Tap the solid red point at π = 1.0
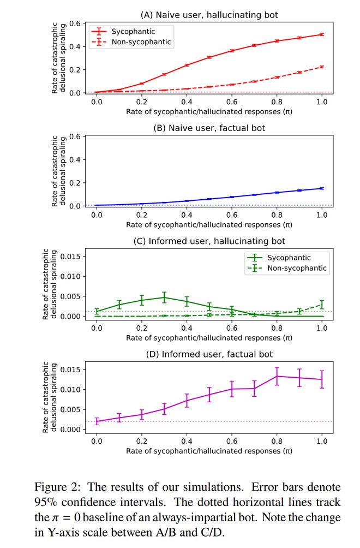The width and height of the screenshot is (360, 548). pos(322,34)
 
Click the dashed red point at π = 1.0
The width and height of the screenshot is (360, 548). pos(322,67)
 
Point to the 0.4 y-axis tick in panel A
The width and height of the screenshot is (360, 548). pos(76,46)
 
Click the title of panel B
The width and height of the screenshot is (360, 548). pos(209,129)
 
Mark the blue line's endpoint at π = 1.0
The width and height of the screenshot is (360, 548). pos(322,188)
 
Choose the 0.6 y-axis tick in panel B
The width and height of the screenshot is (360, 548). pos(76,136)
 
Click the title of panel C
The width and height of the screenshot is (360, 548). pos(209,241)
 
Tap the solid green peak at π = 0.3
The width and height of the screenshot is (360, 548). pos(164,297)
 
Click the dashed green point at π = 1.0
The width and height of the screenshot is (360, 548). pos(322,305)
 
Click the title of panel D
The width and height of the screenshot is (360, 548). pos(209,354)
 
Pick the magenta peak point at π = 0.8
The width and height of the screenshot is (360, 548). pos(277,376)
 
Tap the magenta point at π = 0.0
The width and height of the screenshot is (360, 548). pos(97,421)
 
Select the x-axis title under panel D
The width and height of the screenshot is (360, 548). pos(209,451)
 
